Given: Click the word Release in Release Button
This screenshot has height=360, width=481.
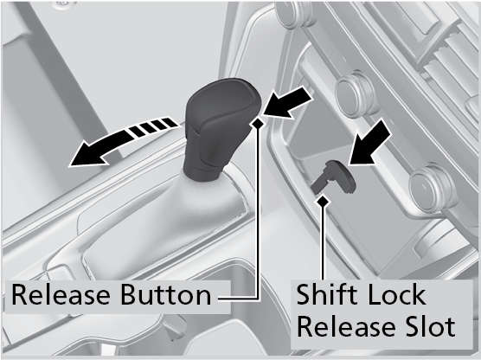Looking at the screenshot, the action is tap(61, 295).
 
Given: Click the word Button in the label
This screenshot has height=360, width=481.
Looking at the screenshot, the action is tap(165, 295).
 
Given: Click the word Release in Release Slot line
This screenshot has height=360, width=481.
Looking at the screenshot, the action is tap(347, 326).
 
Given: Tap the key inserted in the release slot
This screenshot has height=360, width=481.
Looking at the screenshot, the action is tap(334, 177).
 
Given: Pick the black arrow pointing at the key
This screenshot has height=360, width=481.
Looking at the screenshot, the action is tap(369, 143).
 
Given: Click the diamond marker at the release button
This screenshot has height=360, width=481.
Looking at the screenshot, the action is tap(258, 123).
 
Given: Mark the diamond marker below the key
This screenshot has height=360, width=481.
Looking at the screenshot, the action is tap(323, 202).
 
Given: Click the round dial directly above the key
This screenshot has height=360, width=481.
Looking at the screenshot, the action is tap(356, 94).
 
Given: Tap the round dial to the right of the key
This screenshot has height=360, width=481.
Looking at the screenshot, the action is tap(433, 188).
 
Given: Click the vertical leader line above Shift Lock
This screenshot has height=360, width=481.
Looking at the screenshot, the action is tap(323, 242).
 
